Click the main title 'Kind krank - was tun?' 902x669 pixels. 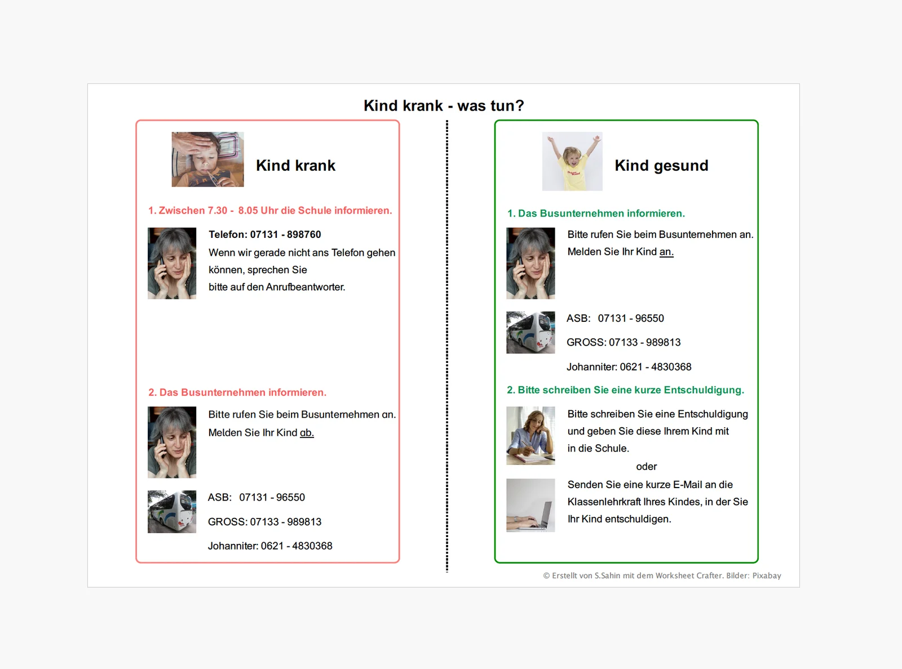444,106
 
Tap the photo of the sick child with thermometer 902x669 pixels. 208,159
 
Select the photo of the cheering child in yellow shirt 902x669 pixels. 572,161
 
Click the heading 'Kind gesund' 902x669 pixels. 661,166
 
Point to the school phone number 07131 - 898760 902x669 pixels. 285,234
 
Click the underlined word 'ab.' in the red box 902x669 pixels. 307,432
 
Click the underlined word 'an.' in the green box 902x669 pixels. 666,252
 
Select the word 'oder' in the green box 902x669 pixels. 646,467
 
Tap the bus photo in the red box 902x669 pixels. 171,512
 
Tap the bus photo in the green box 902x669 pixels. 530,333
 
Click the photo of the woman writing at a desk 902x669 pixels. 530,436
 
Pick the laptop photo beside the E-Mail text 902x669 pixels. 530,505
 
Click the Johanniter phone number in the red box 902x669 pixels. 297,546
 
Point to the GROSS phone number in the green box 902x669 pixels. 644,343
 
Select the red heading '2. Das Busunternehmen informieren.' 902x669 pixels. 237,392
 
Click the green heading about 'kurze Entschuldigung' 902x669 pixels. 625,390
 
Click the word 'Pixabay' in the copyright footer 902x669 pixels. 767,575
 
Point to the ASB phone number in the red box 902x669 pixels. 272,497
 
